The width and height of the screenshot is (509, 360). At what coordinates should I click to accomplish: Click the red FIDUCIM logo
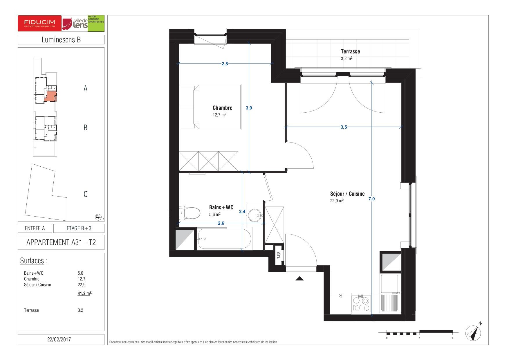(39, 23)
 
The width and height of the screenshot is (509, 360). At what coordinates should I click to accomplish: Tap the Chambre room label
(223, 108)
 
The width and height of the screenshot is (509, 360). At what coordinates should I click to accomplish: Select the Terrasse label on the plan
(350, 52)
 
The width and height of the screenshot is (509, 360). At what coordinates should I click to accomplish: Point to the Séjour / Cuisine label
(347, 194)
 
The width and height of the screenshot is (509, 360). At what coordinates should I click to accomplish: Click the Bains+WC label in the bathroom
(221, 207)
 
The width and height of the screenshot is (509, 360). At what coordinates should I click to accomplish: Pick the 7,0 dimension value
(371, 199)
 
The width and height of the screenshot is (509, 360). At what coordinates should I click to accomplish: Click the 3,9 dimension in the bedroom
(249, 108)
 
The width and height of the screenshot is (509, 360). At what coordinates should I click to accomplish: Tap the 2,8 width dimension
(225, 64)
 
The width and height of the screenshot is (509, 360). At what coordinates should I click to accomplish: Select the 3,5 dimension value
(344, 127)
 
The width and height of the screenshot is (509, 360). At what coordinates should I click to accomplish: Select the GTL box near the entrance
(278, 255)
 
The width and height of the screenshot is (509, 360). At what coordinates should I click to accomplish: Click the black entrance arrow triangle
(299, 279)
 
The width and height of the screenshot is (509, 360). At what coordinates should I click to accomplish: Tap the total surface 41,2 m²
(84, 293)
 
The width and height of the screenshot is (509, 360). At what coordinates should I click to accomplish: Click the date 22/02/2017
(59, 339)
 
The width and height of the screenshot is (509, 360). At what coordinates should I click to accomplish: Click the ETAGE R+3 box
(79, 228)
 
